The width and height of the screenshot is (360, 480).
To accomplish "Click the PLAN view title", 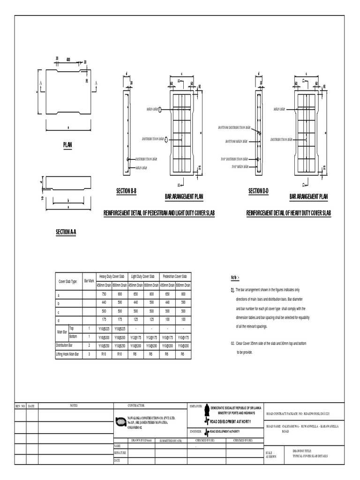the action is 68,145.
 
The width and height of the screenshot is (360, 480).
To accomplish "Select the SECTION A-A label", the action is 66,232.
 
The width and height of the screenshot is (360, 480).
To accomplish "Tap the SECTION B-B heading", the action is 126,191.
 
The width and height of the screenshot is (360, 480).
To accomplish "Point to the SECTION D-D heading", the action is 258,191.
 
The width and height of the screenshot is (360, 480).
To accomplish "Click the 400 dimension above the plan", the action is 68,60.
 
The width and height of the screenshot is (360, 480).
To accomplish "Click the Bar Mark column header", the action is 89,281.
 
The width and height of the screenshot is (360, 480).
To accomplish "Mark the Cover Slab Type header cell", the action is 68,281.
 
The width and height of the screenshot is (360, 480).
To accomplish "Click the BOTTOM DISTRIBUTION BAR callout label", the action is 238,127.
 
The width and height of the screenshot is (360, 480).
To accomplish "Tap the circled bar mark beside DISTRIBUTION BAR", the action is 166,140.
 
